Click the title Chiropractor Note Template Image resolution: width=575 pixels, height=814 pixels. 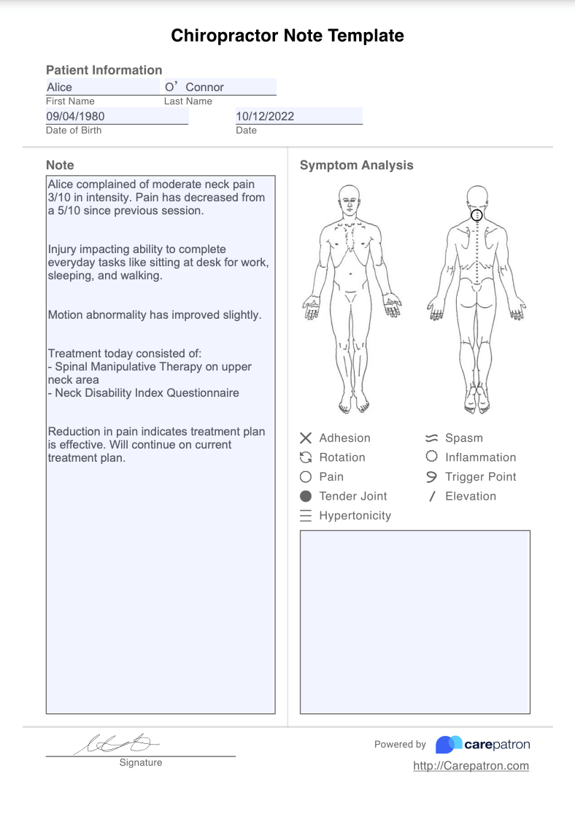(287, 36)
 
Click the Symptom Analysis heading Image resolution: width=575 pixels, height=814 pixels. (356, 166)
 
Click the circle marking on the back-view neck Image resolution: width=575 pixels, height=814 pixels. (476, 215)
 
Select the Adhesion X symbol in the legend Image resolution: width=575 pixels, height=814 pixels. (306, 438)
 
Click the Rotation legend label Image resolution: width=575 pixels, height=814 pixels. (342, 457)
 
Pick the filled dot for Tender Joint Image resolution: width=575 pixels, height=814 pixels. (306, 496)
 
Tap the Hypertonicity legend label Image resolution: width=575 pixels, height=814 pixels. (355, 516)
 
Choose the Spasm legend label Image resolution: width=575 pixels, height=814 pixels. (464, 438)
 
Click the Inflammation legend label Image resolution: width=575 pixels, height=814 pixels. (480, 457)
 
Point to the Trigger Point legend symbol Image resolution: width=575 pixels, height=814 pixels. (431, 477)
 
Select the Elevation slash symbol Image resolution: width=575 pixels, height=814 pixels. (431, 497)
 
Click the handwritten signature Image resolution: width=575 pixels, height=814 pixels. (117, 743)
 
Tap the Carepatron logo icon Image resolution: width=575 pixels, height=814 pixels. (449, 745)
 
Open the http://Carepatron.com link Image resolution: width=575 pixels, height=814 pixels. (471, 766)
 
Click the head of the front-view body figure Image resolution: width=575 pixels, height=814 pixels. (350, 197)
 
